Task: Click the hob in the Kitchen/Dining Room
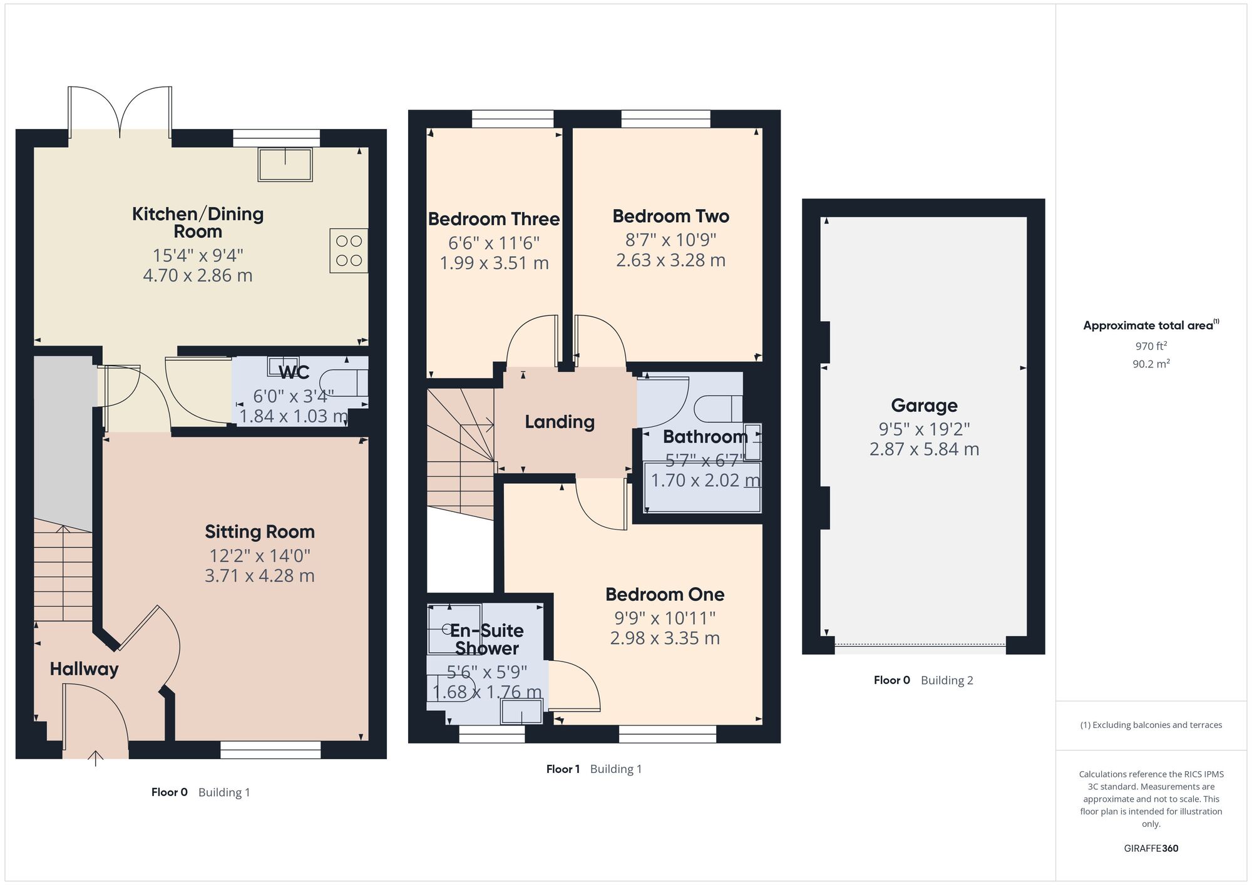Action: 349,250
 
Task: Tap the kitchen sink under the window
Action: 285,164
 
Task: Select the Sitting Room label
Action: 260,532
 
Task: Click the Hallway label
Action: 84,669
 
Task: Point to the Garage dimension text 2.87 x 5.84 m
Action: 924,449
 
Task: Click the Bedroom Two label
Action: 670,217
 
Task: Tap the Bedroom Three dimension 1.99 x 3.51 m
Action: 494,263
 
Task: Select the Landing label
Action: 560,422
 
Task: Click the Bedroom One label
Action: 665,595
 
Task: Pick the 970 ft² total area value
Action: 1151,345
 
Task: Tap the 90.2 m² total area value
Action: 1151,364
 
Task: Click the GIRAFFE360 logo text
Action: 1151,849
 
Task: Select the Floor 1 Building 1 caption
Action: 594,769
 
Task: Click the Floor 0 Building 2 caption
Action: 923,680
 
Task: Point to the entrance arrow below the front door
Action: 95,758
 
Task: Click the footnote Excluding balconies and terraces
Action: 1151,725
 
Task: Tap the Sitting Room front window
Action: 270,750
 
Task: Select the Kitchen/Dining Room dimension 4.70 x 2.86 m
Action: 198,275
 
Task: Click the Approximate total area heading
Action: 1151,325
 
